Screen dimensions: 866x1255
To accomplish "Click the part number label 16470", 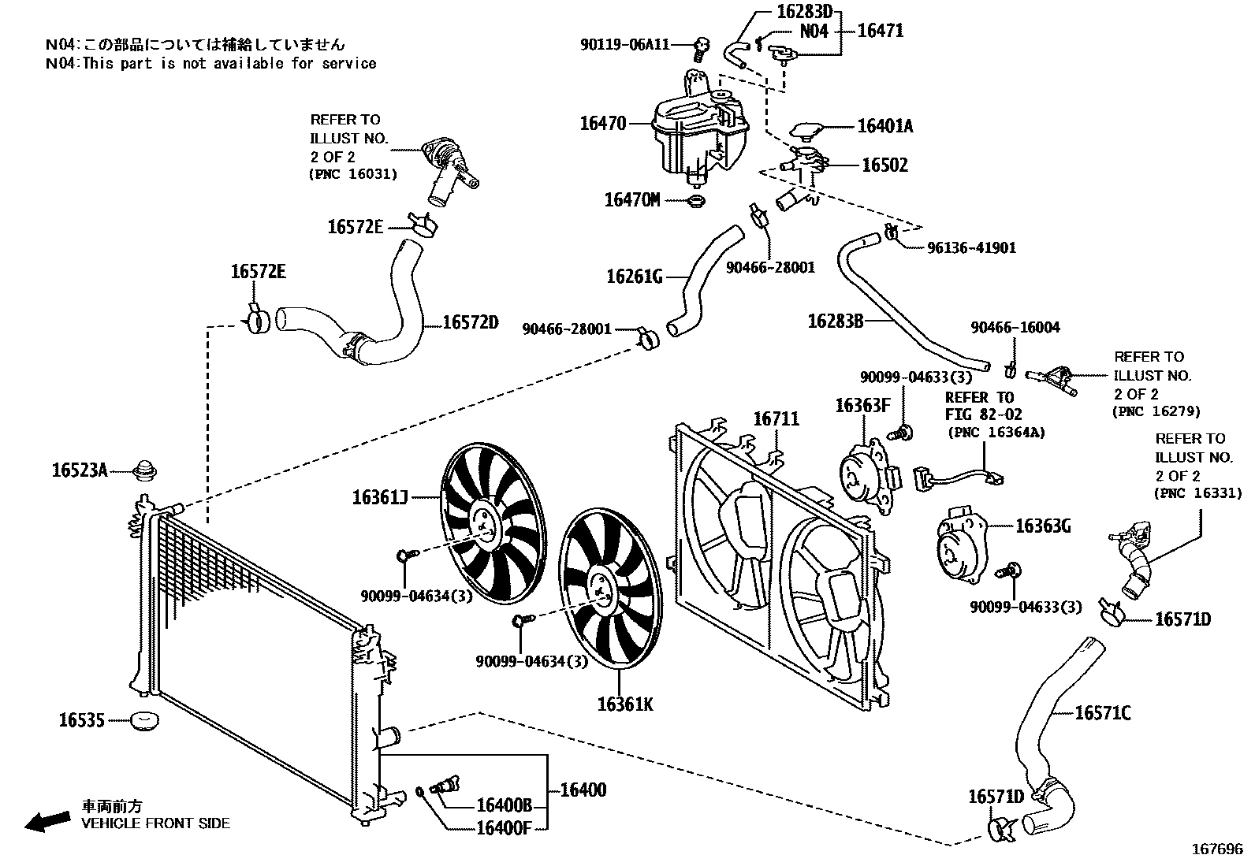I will coord(603,124).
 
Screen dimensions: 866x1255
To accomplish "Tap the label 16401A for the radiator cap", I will coord(884,126).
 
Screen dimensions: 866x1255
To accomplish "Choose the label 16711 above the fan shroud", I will coord(776,419).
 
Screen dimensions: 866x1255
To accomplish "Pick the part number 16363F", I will coord(862,406).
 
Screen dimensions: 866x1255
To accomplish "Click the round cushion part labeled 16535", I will coord(144,720).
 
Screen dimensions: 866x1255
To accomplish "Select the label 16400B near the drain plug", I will coord(505,805).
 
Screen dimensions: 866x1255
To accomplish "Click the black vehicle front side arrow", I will coord(47,822).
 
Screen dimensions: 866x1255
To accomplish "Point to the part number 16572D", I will coord(471,322).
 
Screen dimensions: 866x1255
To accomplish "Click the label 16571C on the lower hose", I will coord(1103,713).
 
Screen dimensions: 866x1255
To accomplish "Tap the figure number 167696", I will coord(1216,850).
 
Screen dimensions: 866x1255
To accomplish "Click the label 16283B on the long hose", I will coord(836,321).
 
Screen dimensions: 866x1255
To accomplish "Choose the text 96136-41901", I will coord(971,248).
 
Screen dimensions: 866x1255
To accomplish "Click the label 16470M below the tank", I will coord(632,200).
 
